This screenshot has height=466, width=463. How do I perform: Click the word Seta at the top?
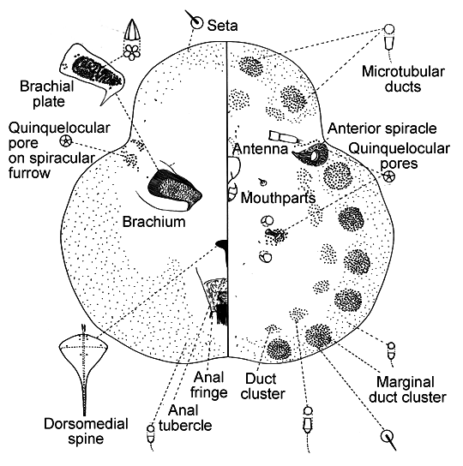(222, 26)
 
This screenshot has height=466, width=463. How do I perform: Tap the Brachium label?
(153, 222)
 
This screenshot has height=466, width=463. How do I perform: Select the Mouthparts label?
(278, 198)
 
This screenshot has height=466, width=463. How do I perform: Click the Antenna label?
(261, 148)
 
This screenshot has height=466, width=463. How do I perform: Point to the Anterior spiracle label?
(382, 128)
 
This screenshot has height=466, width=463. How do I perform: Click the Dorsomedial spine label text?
(86, 431)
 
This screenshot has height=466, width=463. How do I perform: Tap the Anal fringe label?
(209, 385)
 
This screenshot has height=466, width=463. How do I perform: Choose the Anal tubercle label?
(185, 418)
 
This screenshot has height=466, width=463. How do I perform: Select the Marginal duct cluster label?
(407, 390)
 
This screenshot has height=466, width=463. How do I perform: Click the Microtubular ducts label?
(403, 79)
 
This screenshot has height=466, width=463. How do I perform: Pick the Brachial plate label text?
(47, 94)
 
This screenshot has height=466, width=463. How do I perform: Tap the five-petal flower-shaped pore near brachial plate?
(131, 52)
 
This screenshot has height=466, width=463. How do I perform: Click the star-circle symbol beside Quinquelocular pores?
(388, 176)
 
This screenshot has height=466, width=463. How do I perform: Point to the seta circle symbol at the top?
(196, 22)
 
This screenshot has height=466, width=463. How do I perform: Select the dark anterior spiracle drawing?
(311, 154)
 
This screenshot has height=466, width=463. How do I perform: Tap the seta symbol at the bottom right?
(388, 437)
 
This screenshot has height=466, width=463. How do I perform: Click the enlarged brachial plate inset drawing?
(93, 73)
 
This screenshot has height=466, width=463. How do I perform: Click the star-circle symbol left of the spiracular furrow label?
(66, 140)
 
